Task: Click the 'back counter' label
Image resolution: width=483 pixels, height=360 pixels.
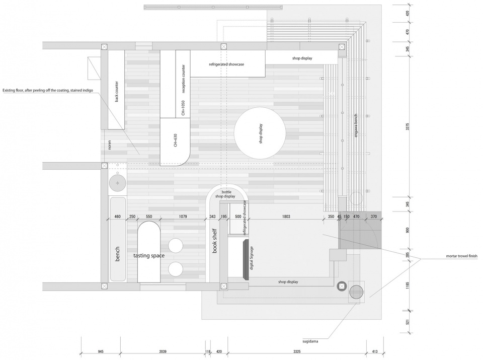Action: click(116, 92)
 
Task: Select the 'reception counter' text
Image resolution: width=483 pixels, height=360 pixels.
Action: click(184, 79)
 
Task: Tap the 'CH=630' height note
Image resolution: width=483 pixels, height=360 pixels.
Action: click(175, 140)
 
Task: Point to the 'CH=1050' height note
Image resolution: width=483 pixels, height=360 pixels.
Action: click(183, 108)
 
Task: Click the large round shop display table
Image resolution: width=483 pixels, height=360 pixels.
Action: click(260, 133)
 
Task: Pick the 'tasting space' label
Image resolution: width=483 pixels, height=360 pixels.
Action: click(149, 255)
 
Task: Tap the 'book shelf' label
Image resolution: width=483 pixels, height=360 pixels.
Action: click(215, 241)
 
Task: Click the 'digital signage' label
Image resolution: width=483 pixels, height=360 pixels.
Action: click(252, 258)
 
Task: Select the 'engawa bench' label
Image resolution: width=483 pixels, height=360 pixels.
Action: click(356, 125)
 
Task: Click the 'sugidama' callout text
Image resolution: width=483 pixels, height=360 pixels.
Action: click(310, 341)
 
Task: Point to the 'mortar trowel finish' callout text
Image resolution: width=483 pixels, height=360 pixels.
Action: click(462, 256)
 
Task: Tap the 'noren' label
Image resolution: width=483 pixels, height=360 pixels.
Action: click(109, 145)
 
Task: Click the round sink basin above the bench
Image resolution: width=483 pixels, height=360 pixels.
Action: click(117, 183)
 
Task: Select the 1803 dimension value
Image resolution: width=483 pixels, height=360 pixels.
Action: click(286, 217)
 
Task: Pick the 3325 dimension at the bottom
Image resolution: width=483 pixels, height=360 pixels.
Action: click(297, 351)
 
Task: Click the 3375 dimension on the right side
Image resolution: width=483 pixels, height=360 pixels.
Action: click(408, 127)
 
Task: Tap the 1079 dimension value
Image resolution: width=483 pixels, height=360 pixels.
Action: click(183, 217)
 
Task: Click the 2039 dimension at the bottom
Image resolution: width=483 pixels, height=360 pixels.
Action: click(163, 351)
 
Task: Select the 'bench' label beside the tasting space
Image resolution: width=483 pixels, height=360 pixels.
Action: click(117, 254)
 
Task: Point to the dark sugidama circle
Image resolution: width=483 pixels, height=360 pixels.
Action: click(356, 292)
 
